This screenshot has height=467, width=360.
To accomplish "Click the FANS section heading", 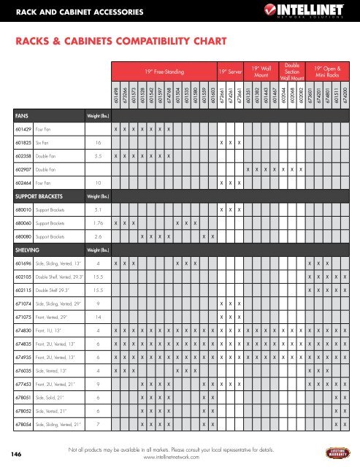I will pyautogui.click(x=14, y=115).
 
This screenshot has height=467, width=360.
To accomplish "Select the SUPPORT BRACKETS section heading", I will pyautogui.click(x=34, y=196).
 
